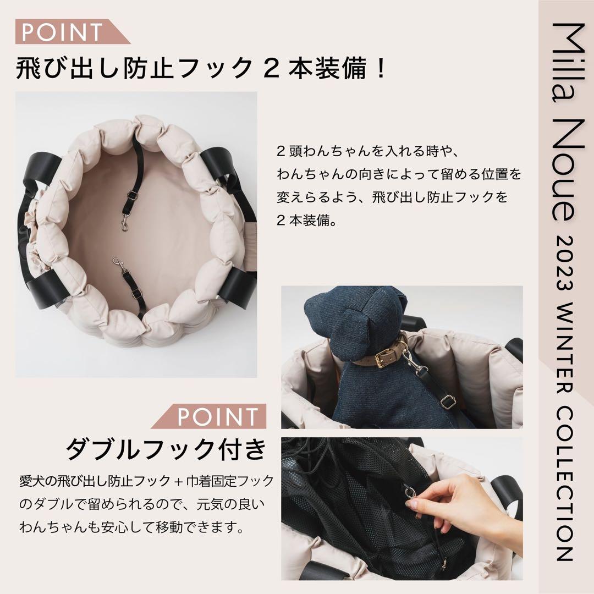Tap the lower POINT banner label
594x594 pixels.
pyautogui.click(x=217, y=416)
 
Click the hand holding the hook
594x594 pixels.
pyautogui.click(x=468, y=503)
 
